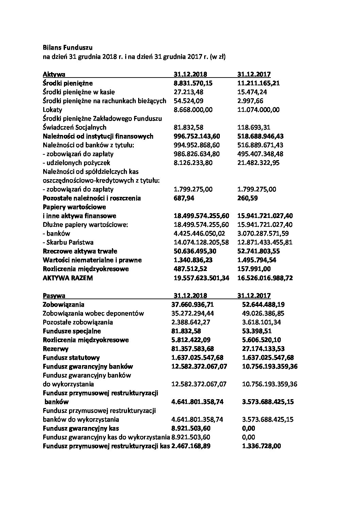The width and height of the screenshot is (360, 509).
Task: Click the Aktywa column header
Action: tap(54, 74)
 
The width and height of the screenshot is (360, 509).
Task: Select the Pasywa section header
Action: tap(54, 296)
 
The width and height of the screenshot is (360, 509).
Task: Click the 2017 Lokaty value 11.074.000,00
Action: tap(258, 110)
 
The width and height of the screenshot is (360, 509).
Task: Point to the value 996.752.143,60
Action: tap(197, 136)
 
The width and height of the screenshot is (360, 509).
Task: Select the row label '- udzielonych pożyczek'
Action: tap(77, 163)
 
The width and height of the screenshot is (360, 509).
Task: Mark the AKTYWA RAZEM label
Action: tap(68, 278)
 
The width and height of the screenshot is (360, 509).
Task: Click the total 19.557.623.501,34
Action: tap(201, 278)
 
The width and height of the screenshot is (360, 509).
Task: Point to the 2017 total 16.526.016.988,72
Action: tap(265, 278)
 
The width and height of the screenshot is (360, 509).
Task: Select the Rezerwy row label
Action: tap(55, 349)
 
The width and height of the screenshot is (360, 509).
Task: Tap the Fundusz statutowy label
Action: tap(71, 358)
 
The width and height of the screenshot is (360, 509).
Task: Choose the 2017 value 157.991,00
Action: tap(254, 269)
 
